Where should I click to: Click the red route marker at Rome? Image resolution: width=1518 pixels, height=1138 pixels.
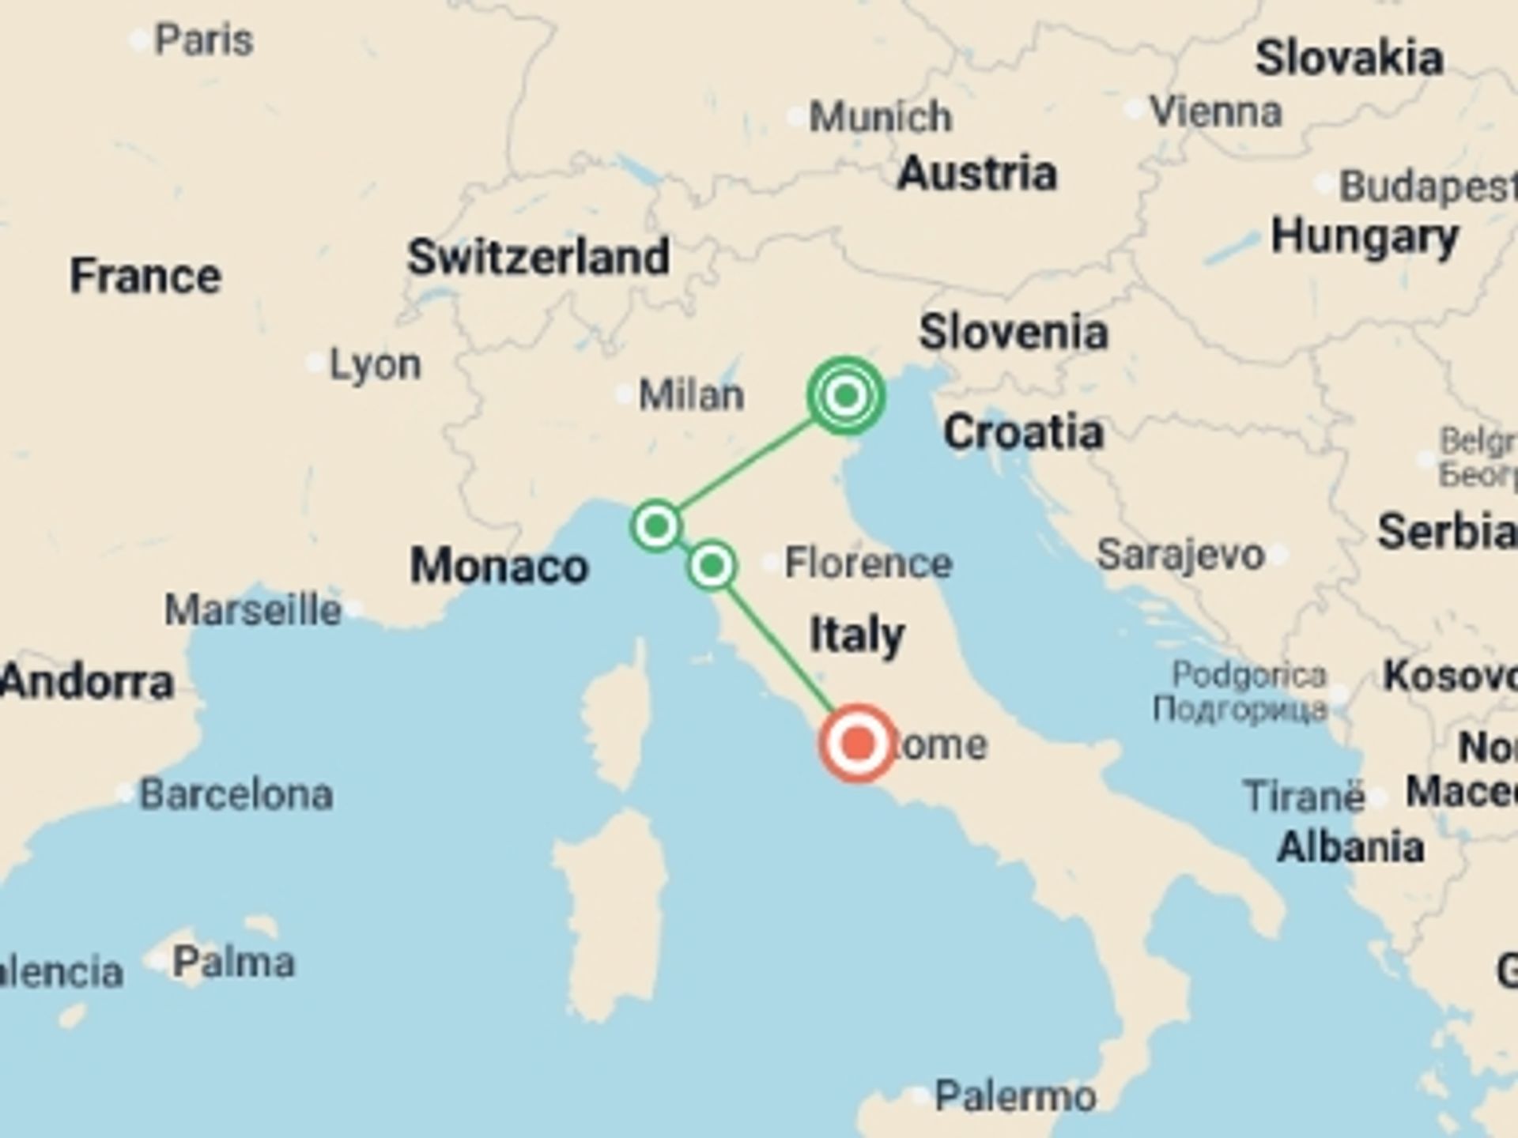858,744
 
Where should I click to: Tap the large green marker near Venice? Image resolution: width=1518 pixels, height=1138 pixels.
846,395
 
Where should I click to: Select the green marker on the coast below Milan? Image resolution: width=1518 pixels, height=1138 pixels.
656,526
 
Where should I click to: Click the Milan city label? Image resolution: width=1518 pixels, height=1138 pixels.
691,394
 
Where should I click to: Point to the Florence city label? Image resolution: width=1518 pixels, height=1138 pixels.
867,563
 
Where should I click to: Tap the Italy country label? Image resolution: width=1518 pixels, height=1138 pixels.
857,635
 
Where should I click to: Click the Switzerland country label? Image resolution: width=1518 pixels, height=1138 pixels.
538,257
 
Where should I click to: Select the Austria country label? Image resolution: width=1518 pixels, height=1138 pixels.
977,173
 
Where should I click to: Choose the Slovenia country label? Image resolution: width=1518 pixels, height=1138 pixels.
1014,332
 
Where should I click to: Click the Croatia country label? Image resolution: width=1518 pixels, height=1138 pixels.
1024,432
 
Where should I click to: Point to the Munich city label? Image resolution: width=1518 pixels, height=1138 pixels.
880,117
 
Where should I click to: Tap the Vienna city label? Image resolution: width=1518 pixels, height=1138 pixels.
1215,111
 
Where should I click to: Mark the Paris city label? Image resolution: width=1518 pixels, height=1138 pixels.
203,40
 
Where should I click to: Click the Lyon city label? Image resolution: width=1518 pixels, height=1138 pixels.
375,364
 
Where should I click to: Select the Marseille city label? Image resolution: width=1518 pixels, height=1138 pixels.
253,610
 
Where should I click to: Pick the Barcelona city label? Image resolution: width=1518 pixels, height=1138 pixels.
236,794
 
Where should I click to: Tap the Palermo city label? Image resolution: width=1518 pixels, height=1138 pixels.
1015,1096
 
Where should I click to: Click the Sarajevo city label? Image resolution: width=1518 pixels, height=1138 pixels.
1180,555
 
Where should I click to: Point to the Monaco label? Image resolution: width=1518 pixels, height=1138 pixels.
500,567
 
